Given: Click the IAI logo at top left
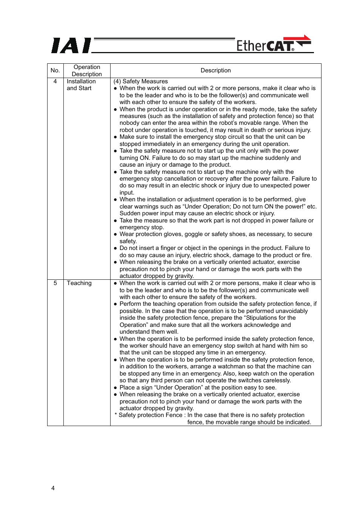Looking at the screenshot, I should pos(71,46).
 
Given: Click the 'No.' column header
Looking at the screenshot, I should pos(55,71).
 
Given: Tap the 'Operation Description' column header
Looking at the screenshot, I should pos(87,71).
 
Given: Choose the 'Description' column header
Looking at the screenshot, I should pos(215,71).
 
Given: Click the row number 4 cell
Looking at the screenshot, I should pos(55,81).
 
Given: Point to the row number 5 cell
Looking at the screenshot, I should pos(55,283).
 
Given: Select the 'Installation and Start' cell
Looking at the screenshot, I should pos(81,85).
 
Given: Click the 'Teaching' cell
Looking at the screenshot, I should pos(79,283).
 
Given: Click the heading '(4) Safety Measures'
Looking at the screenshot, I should pos(141,81).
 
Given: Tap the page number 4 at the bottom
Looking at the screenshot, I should pos(53,488).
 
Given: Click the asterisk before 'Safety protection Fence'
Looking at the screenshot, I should pos(116,415).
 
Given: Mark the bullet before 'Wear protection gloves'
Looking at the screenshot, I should pos(115,234).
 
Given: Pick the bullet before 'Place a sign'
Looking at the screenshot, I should pos(115,388).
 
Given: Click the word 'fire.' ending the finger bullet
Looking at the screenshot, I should pos(306,255).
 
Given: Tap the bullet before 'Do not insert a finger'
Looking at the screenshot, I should pos(115,248).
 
